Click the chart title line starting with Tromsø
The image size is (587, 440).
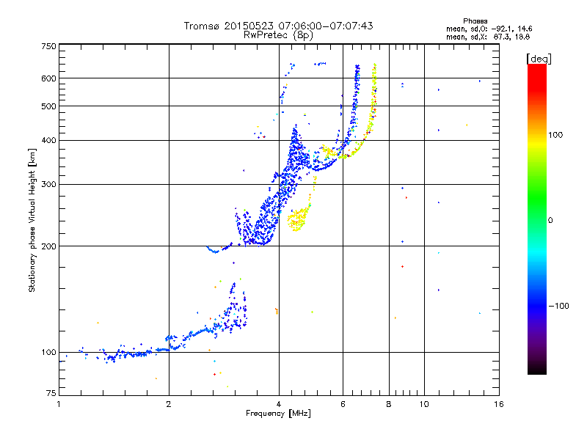point(278,26)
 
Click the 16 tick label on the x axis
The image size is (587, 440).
point(497,404)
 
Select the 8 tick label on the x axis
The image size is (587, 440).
point(389,404)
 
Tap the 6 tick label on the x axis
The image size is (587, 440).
point(343,404)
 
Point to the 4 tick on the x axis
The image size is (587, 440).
point(279,404)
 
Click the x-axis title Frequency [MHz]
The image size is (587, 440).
point(278,414)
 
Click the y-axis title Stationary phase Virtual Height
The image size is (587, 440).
point(32,220)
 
